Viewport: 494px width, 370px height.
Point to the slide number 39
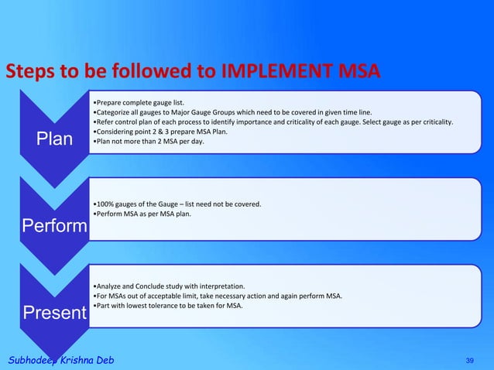coord(469,361)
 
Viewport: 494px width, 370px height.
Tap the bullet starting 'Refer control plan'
coord(271,122)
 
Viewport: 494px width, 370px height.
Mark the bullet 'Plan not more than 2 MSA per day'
coord(148,142)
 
